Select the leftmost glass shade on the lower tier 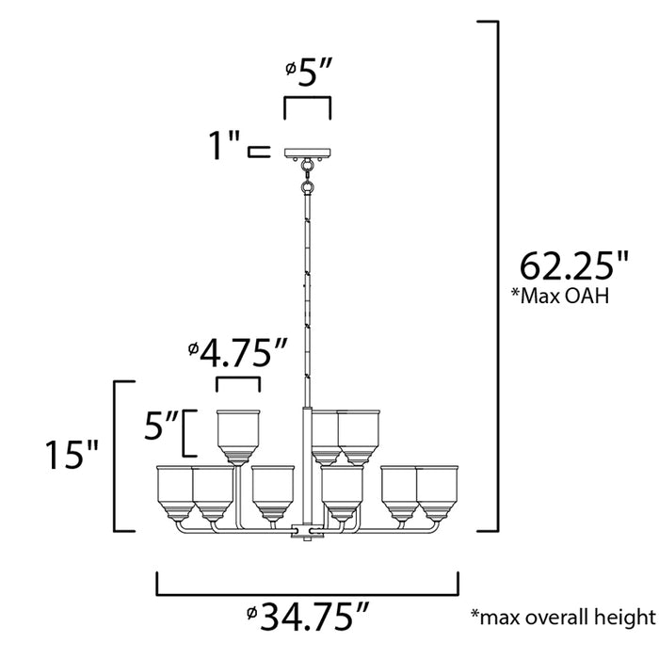click(174, 490)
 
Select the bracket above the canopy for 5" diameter click(308, 101)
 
